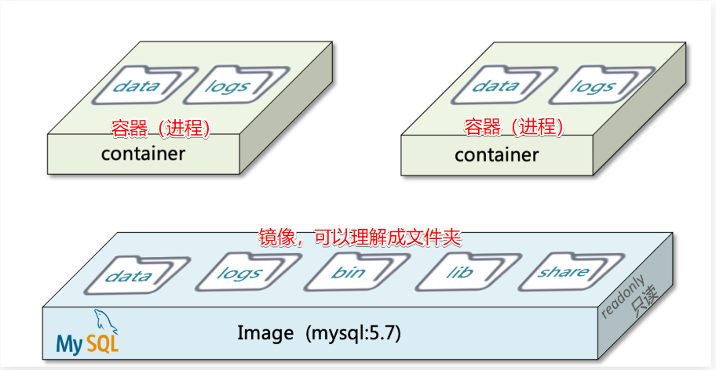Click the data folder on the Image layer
(x=128, y=275)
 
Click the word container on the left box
(x=143, y=153)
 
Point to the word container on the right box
(x=496, y=154)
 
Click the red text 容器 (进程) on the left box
(x=161, y=128)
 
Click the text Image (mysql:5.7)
(x=319, y=332)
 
